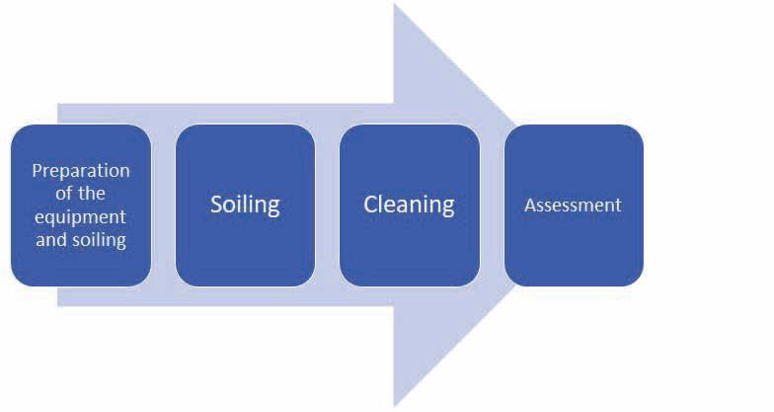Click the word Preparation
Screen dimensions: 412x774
point(81,170)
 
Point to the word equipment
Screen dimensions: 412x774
point(81,216)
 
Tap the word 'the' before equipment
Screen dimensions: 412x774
point(93,194)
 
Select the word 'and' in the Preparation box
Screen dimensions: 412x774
point(50,239)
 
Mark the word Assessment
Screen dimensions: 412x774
point(574,206)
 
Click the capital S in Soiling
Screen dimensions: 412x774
point(217,205)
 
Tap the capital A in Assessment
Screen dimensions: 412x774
point(530,206)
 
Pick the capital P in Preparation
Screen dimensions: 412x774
point(38,170)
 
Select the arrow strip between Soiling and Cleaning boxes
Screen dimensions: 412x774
point(327,206)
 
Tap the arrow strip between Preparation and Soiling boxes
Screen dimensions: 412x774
point(163,206)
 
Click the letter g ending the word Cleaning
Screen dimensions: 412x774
point(447,207)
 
